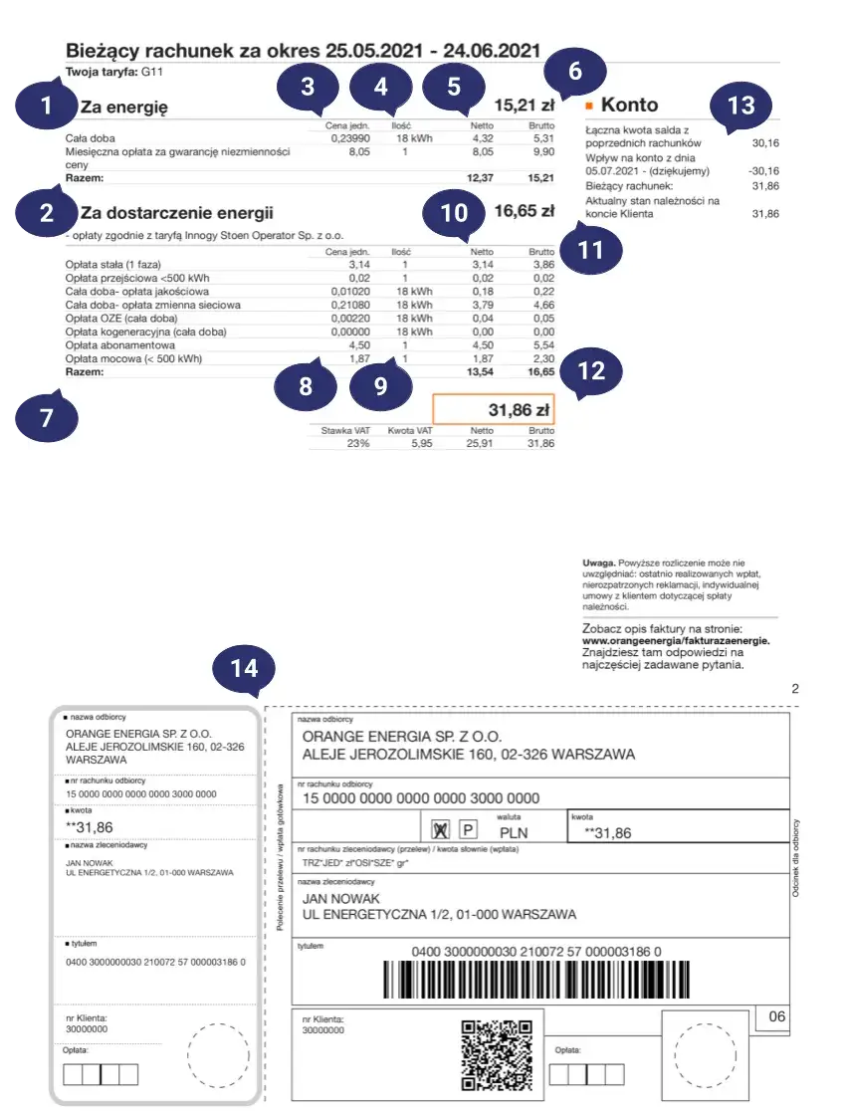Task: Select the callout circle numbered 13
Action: coord(741,105)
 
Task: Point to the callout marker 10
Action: coord(454,211)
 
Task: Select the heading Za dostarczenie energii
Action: coord(176,212)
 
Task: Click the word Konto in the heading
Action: coord(630,105)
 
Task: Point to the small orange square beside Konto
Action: coord(589,105)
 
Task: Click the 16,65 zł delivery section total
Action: coord(524,211)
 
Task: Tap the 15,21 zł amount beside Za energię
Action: coord(525,105)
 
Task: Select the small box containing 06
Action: coord(776,1016)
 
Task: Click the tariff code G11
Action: coord(152,72)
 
